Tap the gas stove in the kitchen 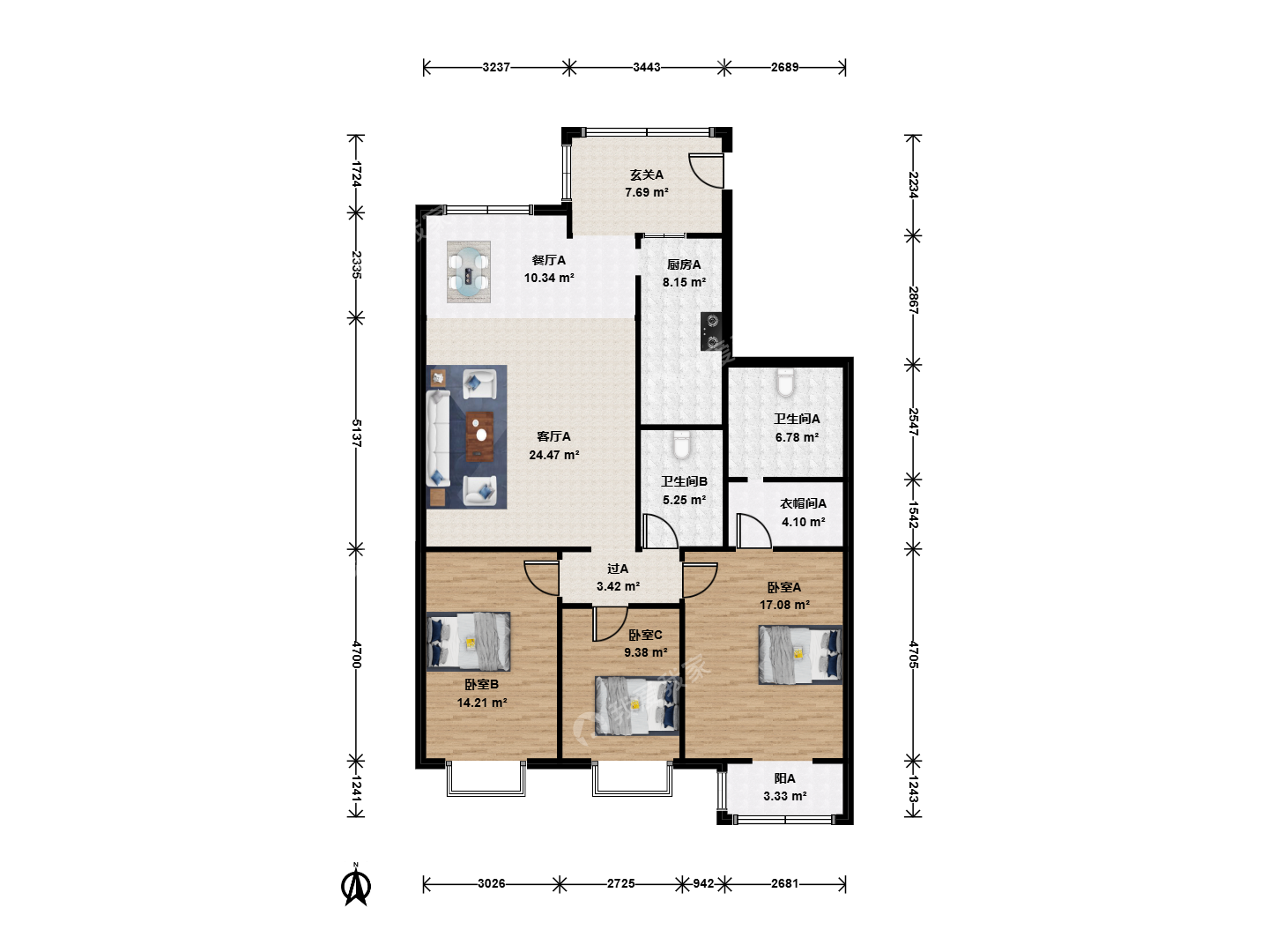[710, 331]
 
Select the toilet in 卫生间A [785, 383]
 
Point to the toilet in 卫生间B [682, 446]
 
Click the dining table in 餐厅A [468, 271]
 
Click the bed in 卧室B [468, 642]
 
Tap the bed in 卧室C [636, 706]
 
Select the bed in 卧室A [800, 655]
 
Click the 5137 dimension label [356, 433]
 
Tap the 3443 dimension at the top [646, 67]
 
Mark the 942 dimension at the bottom [703, 883]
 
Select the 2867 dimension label [913, 300]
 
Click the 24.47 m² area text [553, 455]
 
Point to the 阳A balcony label [784, 778]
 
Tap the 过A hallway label [618, 569]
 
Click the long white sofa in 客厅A [438, 437]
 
